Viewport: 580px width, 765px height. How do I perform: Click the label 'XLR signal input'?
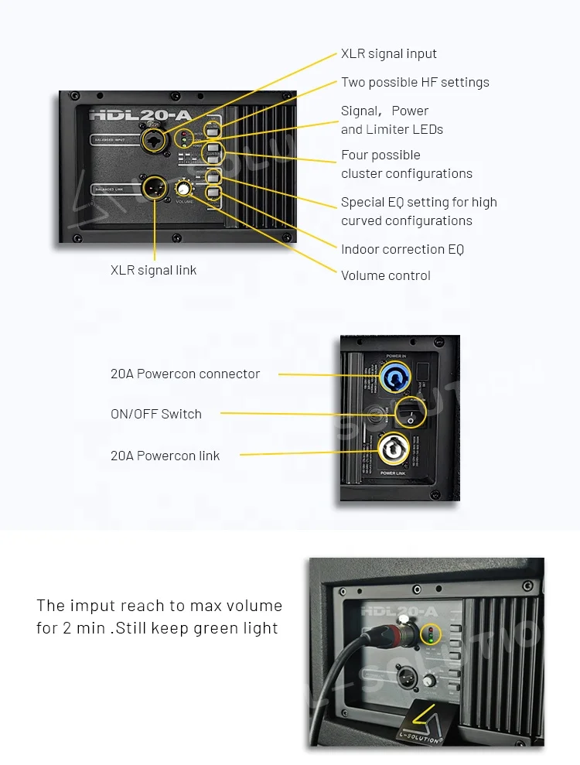pos(388,54)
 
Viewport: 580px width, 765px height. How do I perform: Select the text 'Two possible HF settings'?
pos(415,83)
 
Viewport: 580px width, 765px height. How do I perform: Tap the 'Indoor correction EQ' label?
pos(402,249)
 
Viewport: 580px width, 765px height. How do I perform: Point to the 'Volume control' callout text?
pos(385,275)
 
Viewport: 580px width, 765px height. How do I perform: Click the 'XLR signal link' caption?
pos(153,270)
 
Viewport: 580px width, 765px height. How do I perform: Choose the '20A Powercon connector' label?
pos(185,374)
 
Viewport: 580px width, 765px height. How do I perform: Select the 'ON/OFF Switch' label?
pos(155,414)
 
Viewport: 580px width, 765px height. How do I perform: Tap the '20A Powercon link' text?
pos(165,456)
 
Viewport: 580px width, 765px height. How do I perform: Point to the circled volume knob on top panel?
pos(184,188)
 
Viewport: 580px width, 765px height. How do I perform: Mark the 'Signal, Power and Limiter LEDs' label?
pos(391,121)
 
